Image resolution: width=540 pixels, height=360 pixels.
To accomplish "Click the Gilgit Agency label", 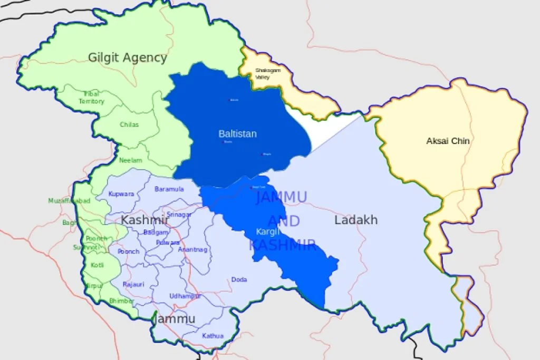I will coord(127,57).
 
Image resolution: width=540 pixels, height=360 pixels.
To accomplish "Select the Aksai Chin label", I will coord(448,141).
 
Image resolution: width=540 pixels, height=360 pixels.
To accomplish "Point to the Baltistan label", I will coord(237,134).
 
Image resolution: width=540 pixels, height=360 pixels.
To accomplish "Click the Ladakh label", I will coord(356,220).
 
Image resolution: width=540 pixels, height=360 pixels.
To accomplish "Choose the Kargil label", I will coord(265,231).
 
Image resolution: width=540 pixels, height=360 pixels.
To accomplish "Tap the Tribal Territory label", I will coord(92,98).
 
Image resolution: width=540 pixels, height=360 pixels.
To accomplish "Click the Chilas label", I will coord(129,125).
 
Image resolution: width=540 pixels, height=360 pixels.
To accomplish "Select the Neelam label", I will coord(130,160).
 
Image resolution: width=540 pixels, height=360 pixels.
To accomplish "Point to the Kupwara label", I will coord(121,194).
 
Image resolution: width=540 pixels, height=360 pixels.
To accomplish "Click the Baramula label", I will coord(169,189).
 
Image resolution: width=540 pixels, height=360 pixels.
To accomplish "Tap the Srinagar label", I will coord(179,214).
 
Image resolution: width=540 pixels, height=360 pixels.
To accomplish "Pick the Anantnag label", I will coord(192,249).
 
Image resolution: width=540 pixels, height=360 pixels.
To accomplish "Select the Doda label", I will coord(239,280).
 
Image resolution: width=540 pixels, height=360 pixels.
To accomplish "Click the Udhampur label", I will coord(185,296).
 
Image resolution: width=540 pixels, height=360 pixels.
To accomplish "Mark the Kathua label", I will coord(213,336).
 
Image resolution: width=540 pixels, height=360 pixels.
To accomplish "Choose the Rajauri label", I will coord(133,284).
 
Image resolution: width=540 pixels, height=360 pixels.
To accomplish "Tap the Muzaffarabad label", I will coord(69,201).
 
